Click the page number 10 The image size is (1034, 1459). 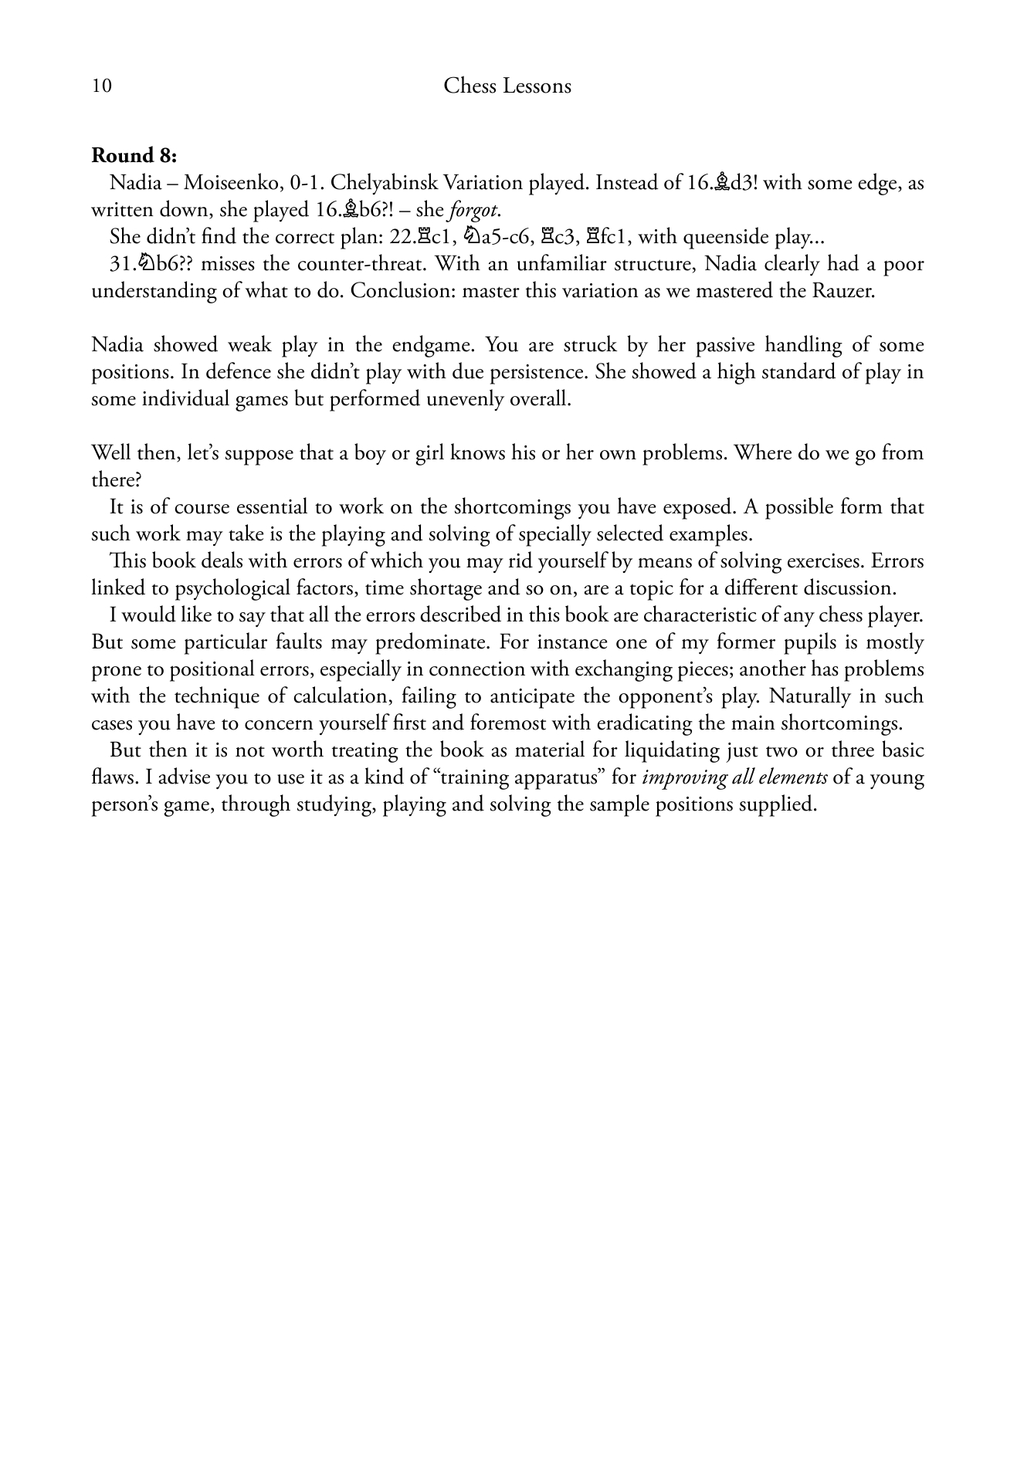tap(101, 86)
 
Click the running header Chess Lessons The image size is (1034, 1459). tap(507, 86)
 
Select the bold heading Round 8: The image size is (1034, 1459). tap(134, 155)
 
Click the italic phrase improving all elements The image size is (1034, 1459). tap(734, 777)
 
